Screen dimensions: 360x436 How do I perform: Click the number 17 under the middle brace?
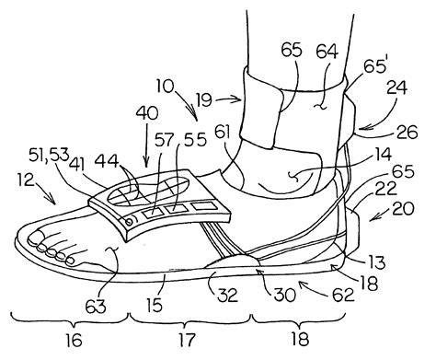pos(188,341)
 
